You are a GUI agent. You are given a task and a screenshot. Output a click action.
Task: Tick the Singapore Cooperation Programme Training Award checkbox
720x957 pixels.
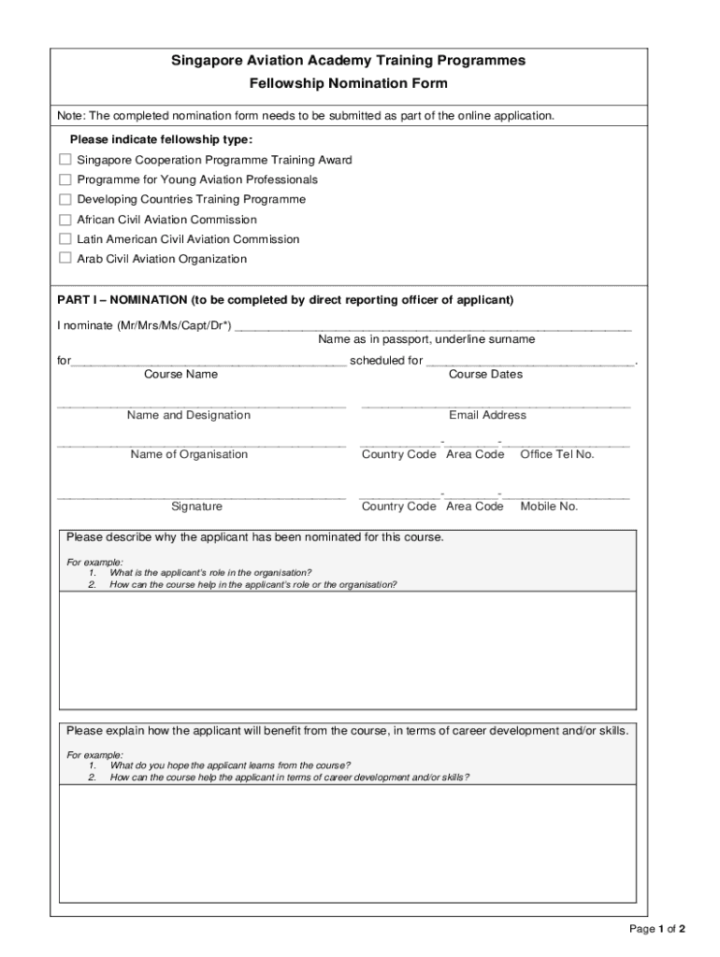(65, 160)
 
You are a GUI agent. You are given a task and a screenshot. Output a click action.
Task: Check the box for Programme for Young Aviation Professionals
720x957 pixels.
(65, 179)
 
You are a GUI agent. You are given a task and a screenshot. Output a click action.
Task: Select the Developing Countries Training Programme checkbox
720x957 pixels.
(65, 199)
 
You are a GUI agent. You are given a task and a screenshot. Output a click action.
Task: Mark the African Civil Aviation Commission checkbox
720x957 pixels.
(65, 220)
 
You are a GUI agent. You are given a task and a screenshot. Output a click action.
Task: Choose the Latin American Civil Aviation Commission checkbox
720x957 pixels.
(65, 239)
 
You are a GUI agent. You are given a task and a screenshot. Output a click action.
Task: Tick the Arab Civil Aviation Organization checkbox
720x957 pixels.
(65, 258)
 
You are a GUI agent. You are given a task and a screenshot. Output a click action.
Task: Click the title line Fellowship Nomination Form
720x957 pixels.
(348, 83)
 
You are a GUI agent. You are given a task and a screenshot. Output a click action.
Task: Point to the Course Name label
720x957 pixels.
(180, 374)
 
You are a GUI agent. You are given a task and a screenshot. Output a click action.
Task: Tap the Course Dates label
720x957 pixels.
(485, 374)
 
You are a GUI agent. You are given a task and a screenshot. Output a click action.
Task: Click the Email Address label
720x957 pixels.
(487, 415)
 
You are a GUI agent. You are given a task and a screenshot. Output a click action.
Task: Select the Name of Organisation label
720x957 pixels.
(189, 454)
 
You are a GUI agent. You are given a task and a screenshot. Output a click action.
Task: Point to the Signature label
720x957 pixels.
(196, 507)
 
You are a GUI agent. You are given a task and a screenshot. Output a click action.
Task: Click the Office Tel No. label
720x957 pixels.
(556, 454)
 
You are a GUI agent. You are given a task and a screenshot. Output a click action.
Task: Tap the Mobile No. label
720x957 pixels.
(549, 507)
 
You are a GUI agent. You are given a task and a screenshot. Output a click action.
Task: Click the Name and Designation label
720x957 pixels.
(188, 415)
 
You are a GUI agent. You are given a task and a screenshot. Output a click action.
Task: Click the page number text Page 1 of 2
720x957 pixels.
(657, 929)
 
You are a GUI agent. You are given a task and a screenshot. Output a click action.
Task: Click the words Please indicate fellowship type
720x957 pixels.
(161, 139)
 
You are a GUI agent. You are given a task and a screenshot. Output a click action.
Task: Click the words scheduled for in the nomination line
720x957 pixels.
(386, 360)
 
